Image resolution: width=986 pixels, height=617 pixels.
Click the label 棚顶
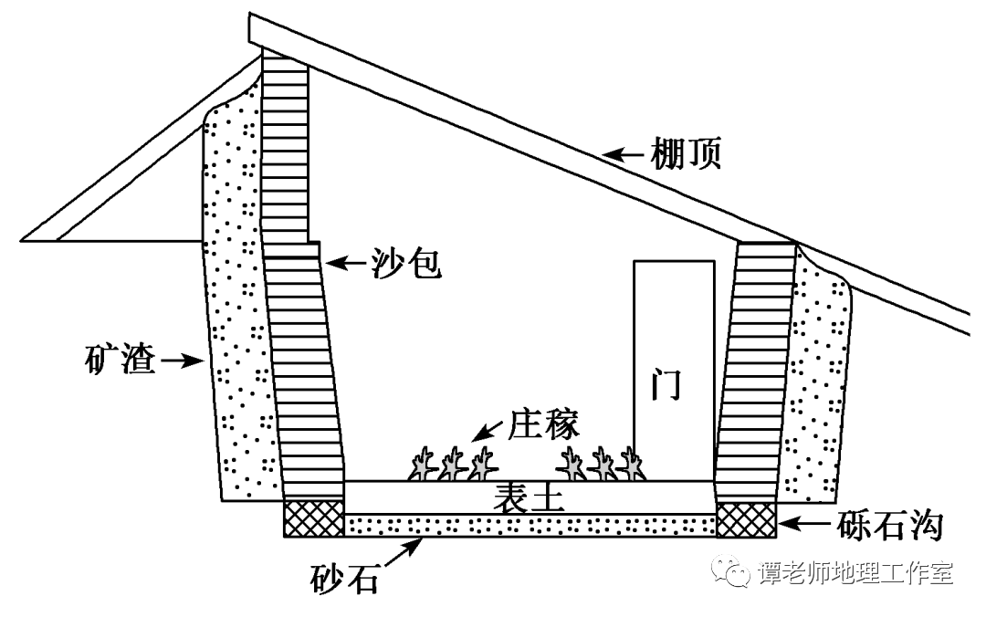click(x=687, y=155)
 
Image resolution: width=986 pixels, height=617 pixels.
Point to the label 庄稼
click(x=547, y=424)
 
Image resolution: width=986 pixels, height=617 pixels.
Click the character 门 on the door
click(x=673, y=385)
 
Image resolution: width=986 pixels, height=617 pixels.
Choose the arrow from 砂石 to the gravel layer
click(x=404, y=551)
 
